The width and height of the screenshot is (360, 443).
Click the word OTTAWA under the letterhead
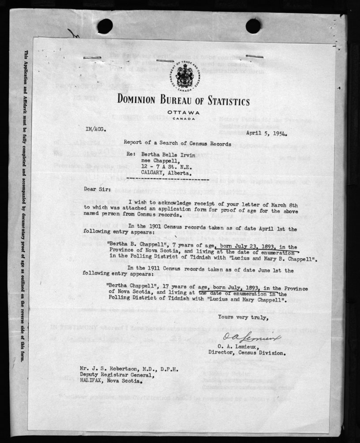pos(182,113)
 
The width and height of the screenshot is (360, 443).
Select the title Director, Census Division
pos(247,353)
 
